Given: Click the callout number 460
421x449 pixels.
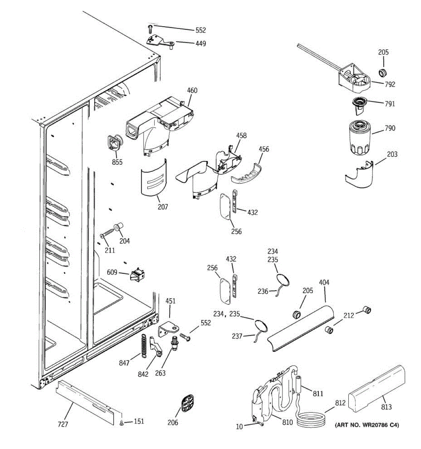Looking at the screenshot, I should tap(192, 91).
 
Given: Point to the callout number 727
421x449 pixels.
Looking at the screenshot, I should tap(63, 424).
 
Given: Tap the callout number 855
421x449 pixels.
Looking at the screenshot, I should tap(117, 162).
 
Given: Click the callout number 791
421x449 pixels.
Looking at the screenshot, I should tap(390, 104).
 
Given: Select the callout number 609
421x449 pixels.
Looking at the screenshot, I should tap(112, 273).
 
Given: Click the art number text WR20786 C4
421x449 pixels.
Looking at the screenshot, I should tap(366, 425).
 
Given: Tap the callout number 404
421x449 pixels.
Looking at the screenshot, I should tap(324, 282).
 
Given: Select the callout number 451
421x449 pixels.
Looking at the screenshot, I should tap(170, 301).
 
